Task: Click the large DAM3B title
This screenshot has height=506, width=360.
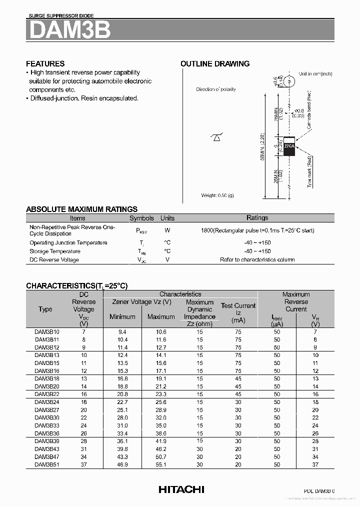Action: pyautogui.click(x=69, y=30)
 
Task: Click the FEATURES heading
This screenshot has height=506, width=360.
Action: pyautogui.click(x=45, y=63)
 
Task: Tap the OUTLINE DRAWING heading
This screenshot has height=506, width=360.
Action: pyautogui.click(x=214, y=63)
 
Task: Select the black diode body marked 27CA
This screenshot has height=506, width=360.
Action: pyautogui.click(x=289, y=146)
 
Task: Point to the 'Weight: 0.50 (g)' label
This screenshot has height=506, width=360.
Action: pyautogui.click(x=217, y=195)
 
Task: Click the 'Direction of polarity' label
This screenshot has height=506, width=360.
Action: pyautogui.click(x=216, y=89)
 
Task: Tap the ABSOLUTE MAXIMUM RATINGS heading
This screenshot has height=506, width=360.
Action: pyautogui.click(x=81, y=209)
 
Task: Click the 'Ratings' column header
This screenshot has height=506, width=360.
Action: pyautogui.click(x=257, y=218)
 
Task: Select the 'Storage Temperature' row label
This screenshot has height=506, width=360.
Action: pyautogui.click(x=54, y=251)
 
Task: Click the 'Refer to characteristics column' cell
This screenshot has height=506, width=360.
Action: pyautogui.click(x=257, y=259)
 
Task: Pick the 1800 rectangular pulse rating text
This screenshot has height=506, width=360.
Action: pyautogui.click(x=257, y=230)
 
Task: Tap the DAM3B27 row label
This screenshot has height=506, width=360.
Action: pyautogui.click(x=47, y=409)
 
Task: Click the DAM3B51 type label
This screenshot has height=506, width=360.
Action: pyautogui.click(x=47, y=464)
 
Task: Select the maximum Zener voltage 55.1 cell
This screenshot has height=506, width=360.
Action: pyautogui.click(x=160, y=464)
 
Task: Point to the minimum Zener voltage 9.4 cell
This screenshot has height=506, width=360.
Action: pyautogui.click(x=122, y=331)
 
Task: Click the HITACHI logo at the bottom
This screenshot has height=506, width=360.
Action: pyautogui.click(x=181, y=489)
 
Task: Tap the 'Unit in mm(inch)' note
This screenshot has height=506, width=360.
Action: pyautogui.click(x=315, y=73)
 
